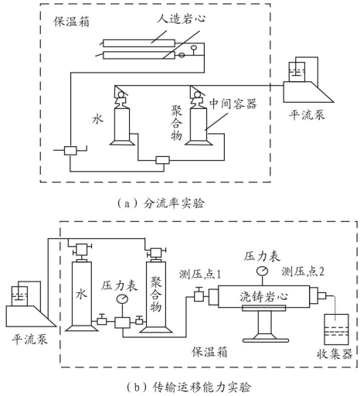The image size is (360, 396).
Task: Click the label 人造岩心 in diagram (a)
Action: pos(182,19)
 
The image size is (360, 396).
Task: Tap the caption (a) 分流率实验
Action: pos(161,203)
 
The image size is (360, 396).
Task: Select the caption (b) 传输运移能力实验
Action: pos(188,387)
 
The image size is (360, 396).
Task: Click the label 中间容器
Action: pos(233,104)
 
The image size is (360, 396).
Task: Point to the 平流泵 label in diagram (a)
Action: pos(307,114)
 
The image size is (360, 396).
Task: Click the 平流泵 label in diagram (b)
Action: pos(29,339)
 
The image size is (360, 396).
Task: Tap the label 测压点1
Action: pos(200,275)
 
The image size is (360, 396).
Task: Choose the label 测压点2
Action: pos(303,271)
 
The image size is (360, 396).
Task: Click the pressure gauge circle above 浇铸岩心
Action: pos(263,271)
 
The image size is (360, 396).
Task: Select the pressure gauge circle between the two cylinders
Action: pos(122,299)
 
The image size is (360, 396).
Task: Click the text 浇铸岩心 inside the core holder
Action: pos(263,296)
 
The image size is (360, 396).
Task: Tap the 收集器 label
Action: pos(335,353)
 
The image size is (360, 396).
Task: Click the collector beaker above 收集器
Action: pos(336,329)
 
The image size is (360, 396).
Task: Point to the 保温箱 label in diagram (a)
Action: pos(71,22)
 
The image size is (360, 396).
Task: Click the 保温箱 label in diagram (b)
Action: pos(209,352)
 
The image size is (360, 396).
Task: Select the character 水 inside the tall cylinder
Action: pos(81,294)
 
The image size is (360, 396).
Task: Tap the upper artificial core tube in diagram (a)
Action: pos(139,43)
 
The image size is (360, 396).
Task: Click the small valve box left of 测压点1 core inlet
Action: pos(199,295)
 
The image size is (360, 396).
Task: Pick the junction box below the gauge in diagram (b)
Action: pos(122,323)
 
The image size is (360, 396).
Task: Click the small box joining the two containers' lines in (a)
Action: pos(163,160)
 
